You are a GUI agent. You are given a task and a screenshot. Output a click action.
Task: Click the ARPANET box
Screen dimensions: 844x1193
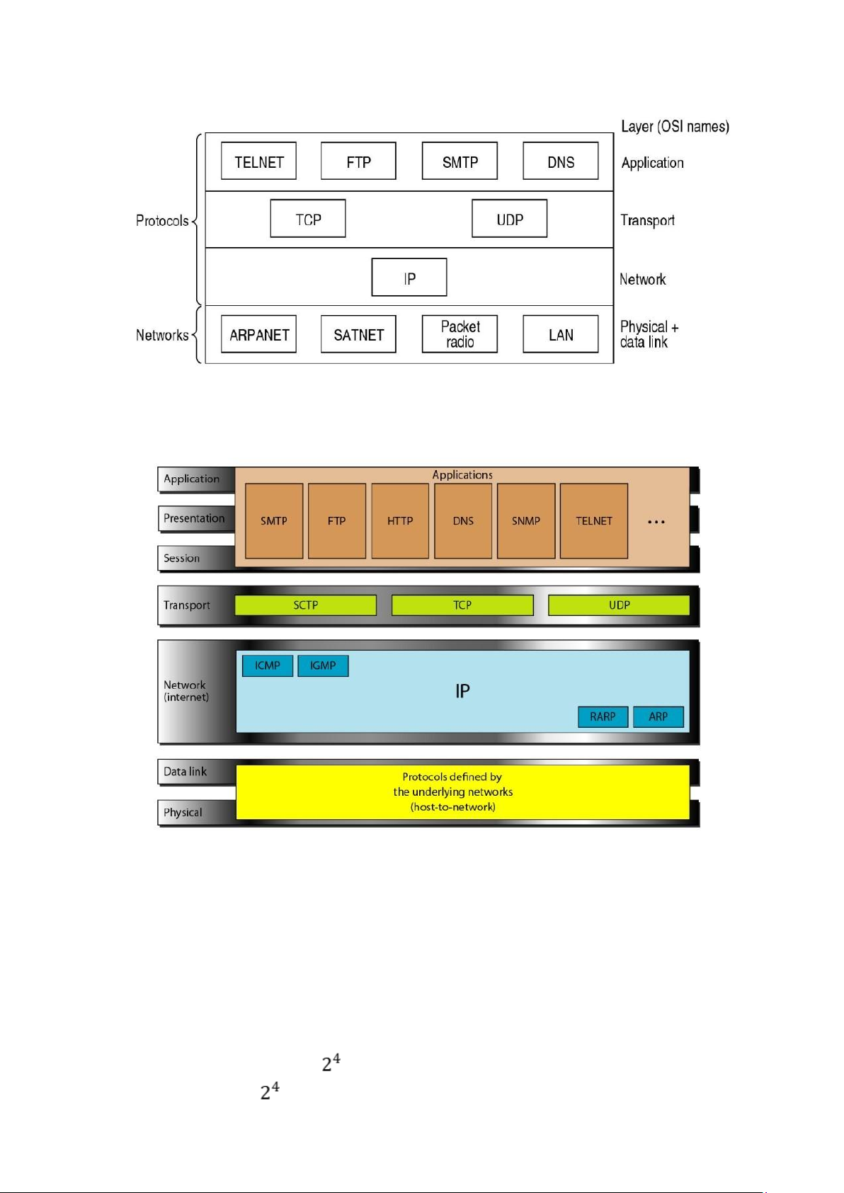[258, 334]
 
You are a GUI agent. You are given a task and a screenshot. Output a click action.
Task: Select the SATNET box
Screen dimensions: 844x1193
[358, 334]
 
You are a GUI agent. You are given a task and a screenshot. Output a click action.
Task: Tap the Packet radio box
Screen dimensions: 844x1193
[460, 334]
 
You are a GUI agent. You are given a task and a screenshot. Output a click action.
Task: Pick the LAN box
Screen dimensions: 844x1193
[560, 334]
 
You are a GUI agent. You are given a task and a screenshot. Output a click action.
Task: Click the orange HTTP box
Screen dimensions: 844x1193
[400, 521]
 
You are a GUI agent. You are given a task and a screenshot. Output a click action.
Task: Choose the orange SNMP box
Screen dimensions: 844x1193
[525, 521]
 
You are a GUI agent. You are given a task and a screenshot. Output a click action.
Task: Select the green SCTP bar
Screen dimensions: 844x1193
[306, 605]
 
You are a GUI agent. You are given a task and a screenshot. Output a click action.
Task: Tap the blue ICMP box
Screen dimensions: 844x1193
[268, 666]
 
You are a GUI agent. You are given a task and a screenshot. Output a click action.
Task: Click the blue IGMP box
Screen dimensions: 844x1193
[323, 666]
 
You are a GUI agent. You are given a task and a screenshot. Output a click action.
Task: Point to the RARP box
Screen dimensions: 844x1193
[603, 717]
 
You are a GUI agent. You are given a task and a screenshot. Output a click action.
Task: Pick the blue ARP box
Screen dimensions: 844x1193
[658, 717]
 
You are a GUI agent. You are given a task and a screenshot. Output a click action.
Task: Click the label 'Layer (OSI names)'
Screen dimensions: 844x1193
[675, 127]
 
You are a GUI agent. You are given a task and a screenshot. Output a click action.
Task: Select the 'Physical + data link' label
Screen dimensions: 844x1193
[649, 334]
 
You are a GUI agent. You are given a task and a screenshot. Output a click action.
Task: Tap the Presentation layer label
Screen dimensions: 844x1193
[194, 518]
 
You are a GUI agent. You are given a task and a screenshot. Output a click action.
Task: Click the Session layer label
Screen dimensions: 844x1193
[181, 558]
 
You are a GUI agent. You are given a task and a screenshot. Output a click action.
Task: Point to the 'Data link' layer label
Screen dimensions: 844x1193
[185, 771]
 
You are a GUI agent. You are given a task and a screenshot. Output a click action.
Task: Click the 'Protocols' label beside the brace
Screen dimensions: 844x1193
[162, 220]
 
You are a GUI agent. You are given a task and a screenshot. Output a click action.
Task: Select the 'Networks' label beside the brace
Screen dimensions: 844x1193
[162, 335]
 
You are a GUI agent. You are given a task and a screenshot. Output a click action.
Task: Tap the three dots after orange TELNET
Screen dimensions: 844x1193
[656, 522]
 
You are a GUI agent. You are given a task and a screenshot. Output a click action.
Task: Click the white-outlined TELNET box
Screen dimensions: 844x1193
[258, 161]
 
